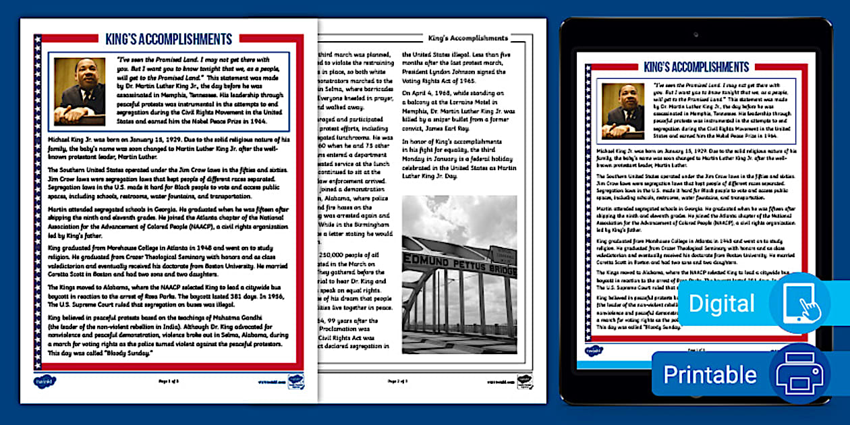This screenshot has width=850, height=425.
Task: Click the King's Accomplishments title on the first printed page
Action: click(169, 39)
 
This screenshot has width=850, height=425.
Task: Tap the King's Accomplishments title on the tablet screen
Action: click(696, 67)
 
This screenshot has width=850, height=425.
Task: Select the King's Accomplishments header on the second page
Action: click(468, 38)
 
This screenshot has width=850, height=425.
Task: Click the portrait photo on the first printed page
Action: click(80, 92)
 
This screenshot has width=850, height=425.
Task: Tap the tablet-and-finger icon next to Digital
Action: click(799, 303)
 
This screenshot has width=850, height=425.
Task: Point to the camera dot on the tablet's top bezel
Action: click(696, 34)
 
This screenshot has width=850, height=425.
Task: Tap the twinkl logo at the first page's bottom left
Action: click(45, 382)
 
